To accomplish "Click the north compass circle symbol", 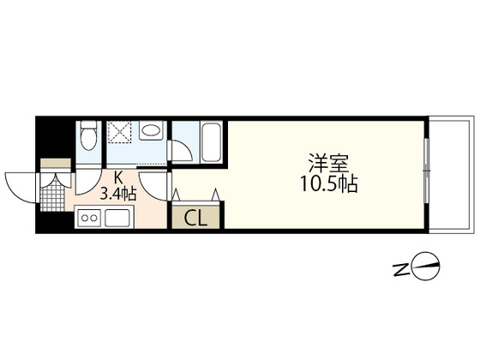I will tap(427, 267).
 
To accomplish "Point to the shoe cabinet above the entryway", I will tap(56, 163).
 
